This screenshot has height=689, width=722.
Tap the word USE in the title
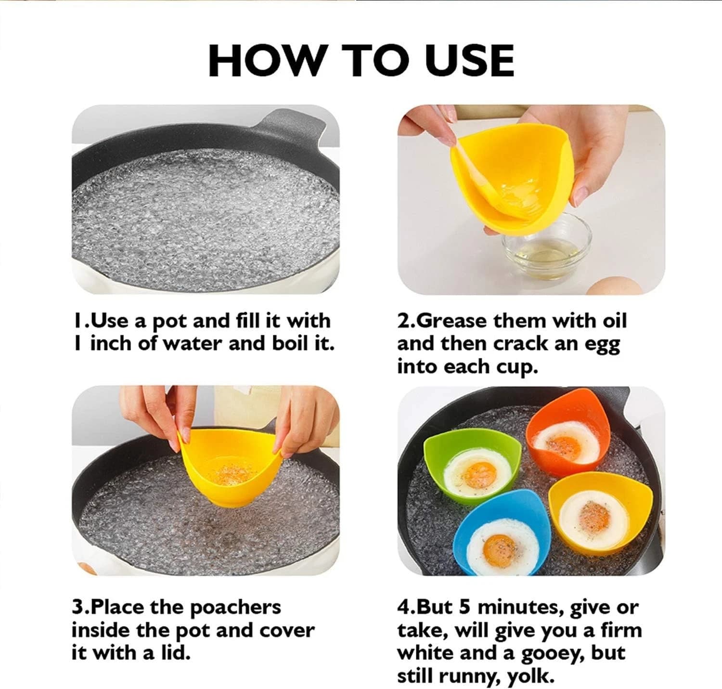click(470, 61)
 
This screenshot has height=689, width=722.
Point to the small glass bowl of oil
click(547, 248)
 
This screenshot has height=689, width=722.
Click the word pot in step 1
click(168, 322)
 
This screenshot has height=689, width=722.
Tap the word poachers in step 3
click(235, 608)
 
